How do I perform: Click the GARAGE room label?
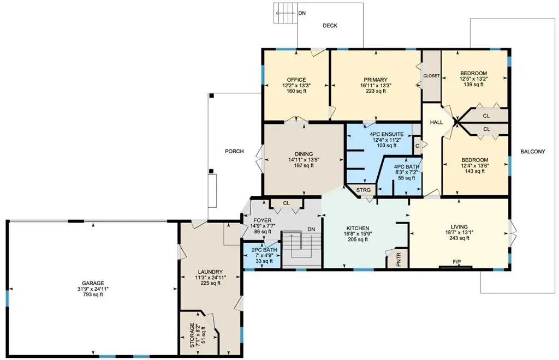[93, 283]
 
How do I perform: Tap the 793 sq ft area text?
[93, 295]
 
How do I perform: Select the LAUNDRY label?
[210, 272]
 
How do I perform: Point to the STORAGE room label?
[192, 335]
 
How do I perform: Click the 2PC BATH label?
[264, 250]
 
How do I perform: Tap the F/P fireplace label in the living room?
[457, 262]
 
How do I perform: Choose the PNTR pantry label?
[399, 259]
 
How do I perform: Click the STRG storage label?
[363, 190]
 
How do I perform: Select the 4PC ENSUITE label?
[387, 134]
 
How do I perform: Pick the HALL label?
[436, 122]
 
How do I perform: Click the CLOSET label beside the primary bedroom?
[431, 76]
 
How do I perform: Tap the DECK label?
[330, 26]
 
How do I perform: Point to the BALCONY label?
[533, 151]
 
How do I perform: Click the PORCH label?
[234, 151]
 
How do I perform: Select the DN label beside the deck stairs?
[302, 13]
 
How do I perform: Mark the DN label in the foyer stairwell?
[311, 229]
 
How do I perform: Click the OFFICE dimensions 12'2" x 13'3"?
[296, 86]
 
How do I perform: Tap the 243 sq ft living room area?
[459, 238]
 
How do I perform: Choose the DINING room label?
[304, 154]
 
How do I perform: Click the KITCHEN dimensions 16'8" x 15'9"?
[358, 234]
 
